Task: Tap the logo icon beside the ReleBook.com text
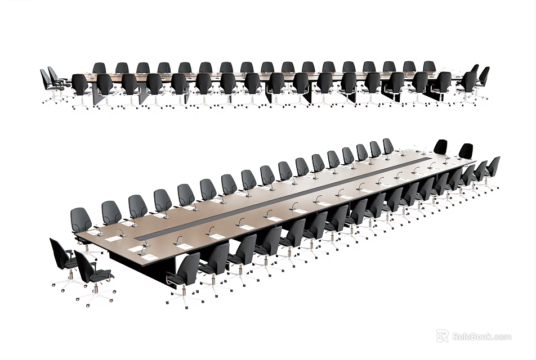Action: (x=443, y=336)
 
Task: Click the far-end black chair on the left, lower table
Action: (x=441, y=147)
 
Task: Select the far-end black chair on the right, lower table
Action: (x=466, y=151)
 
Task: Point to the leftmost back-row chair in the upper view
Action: (x=100, y=68)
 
